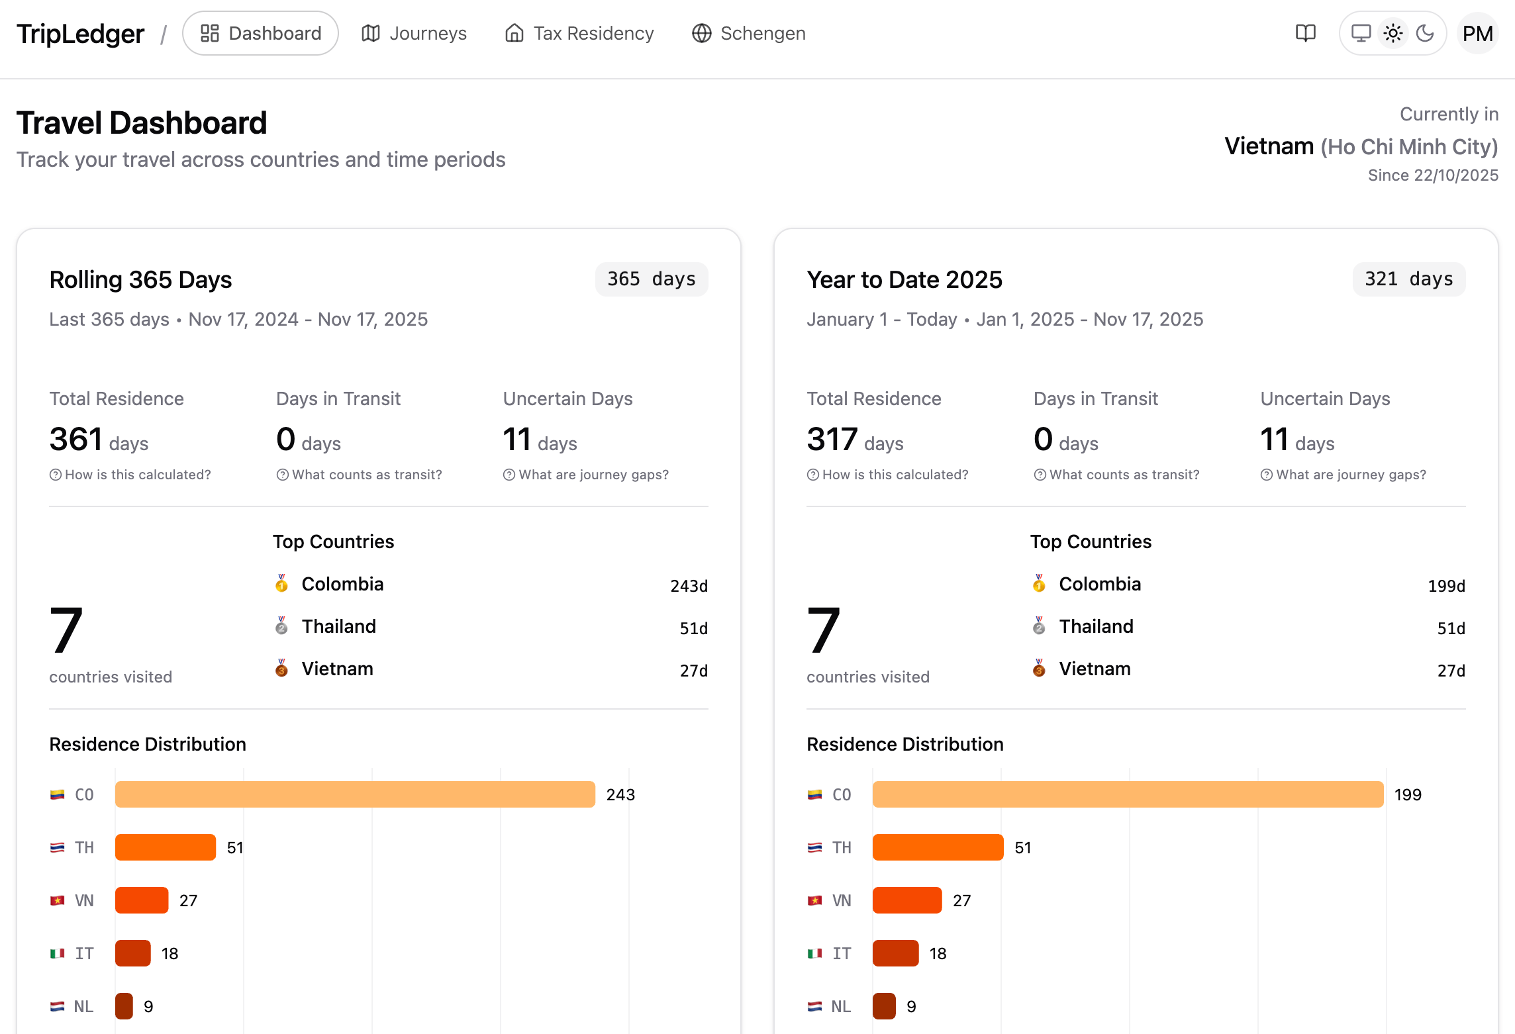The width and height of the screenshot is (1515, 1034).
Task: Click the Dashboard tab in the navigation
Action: pyautogui.click(x=260, y=33)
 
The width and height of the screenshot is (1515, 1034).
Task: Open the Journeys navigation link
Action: pyautogui.click(x=414, y=33)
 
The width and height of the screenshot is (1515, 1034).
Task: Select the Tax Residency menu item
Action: pyautogui.click(x=579, y=33)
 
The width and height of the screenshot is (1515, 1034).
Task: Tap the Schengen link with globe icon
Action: pyautogui.click(x=749, y=33)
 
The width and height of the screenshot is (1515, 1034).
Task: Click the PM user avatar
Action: pyautogui.click(x=1477, y=33)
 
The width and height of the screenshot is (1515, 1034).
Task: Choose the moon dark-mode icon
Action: pyautogui.click(x=1425, y=33)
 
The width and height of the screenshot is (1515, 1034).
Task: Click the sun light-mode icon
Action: pyautogui.click(x=1393, y=33)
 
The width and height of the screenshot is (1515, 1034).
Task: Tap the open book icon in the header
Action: pyautogui.click(x=1305, y=33)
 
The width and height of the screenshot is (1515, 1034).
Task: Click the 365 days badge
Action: pyautogui.click(x=651, y=279)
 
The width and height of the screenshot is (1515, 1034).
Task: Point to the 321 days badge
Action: pyautogui.click(x=1408, y=279)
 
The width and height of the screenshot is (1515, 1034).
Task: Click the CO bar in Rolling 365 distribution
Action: pyautogui.click(x=355, y=794)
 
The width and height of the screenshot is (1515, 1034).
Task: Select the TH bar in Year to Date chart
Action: pyautogui.click(x=938, y=847)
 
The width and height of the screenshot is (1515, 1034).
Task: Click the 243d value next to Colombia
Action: pyautogui.click(x=689, y=586)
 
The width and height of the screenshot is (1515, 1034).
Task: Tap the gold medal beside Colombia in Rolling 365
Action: pyautogui.click(x=281, y=583)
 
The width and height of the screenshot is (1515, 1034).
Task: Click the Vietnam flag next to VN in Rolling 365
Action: pyautogui.click(x=58, y=900)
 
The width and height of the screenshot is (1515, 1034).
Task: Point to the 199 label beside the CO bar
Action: pyautogui.click(x=1408, y=794)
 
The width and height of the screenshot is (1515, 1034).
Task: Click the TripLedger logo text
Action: pyautogui.click(x=80, y=33)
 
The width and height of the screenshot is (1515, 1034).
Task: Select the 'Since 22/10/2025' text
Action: pyautogui.click(x=1433, y=175)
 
